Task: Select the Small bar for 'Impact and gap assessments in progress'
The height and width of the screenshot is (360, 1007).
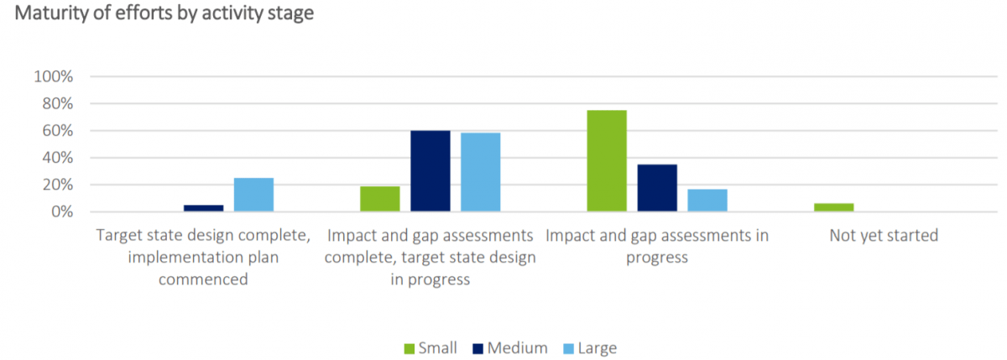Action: [x=607, y=161]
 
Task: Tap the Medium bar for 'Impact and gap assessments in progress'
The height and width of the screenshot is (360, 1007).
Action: [x=657, y=188]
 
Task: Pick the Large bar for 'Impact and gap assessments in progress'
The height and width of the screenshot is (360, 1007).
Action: [x=707, y=201]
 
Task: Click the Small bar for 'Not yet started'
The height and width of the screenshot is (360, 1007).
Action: [x=833, y=207]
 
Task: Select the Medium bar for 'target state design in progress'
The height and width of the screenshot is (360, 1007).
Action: [x=430, y=171]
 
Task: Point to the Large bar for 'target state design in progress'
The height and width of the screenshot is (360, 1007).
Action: [x=481, y=172]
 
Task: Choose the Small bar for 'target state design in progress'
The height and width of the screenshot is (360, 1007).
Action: [x=380, y=199]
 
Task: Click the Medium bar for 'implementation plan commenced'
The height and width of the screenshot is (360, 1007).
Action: [x=204, y=208]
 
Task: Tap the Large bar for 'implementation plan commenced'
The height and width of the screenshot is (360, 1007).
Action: [x=254, y=195]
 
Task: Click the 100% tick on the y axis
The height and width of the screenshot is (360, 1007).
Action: [x=55, y=77]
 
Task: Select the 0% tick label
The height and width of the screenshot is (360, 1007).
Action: [x=62, y=212]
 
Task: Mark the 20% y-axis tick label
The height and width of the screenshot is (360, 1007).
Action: [x=58, y=185]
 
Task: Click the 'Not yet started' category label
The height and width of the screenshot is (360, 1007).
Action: [x=884, y=236]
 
